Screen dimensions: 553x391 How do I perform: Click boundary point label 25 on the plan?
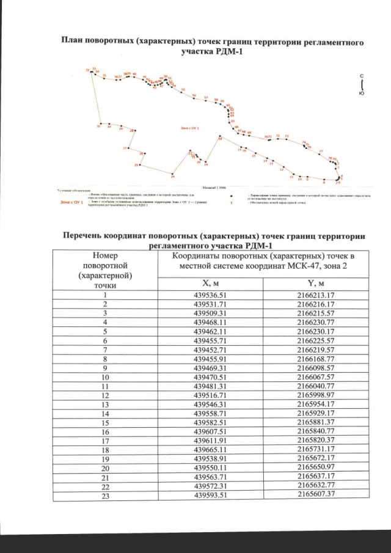pos(136,166)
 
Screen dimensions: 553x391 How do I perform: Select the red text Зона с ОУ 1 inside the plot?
pos(190,128)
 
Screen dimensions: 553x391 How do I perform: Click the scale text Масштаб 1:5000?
pos(214,188)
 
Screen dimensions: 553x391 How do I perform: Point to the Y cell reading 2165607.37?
pos(316,494)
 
